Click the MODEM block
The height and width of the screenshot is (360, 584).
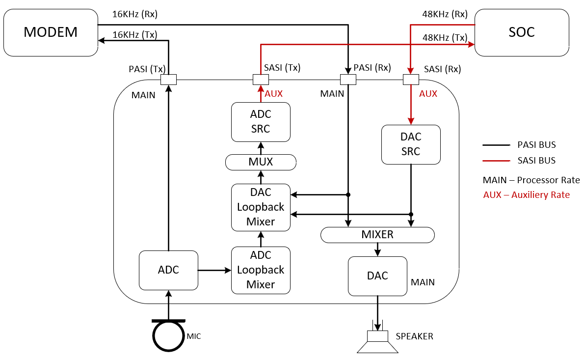click(x=51, y=32)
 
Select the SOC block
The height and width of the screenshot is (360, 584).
click(x=521, y=32)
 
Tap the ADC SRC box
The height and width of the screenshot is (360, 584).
click(x=261, y=122)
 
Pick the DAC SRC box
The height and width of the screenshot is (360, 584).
click(x=411, y=144)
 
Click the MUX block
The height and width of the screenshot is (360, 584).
click(x=261, y=162)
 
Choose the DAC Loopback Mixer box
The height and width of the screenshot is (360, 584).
click(x=261, y=207)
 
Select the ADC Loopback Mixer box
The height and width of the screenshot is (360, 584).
click(x=261, y=270)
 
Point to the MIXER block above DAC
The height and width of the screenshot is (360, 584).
click(x=377, y=235)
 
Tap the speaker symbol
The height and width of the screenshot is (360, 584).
click(x=377, y=341)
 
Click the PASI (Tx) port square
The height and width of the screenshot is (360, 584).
click(x=168, y=79)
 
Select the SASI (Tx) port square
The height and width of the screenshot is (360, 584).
click(x=261, y=79)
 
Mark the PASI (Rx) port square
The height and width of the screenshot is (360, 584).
click(x=348, y=79)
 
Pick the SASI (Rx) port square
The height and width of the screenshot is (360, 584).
click(x=410, y=79)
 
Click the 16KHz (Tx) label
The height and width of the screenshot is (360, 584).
click(x=135, y=34)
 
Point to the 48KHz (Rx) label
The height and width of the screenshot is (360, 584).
click(x=445, y=14)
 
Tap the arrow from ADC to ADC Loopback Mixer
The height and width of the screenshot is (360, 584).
click(x=214, y=270)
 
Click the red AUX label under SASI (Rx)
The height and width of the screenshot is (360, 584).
click(x=428, y=93)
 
